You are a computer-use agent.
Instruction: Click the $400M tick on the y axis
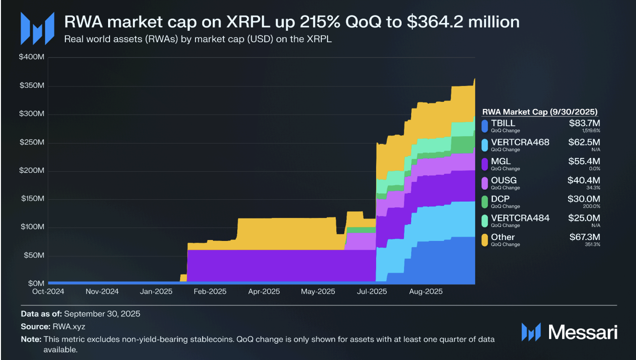(x=32, y=58)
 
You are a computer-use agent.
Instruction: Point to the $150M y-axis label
(x=32, y=199)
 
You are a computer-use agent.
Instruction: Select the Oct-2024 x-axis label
(x=48, y=291)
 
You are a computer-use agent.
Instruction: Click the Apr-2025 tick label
(x=264, y=291)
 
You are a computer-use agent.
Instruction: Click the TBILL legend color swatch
(x=485, y=126)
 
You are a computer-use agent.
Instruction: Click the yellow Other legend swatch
(x=485, y=240)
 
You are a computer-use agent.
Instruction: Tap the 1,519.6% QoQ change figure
(x=591, y=131)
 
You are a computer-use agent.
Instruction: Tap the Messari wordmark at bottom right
(x=583, y=332)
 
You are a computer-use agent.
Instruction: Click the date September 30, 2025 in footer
(x=102, y=314)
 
